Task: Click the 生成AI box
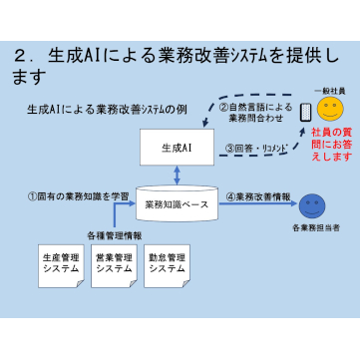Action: pyautogui.click(x=177, y=148)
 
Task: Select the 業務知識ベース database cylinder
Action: pyautogui.click(x=177, y=203)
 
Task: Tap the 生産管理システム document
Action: pyautogui.click(x=61, y=266)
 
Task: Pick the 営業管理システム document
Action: pyautogui.click(x=114, y=266)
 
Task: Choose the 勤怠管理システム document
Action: pyautogui.click(x=167, y=266)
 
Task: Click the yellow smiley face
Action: pyautogui.click(x=330, y=109)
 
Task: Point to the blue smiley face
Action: pyautogui.click(x=312, y=206)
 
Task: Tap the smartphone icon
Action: pyautogui.click(x=305, y=113)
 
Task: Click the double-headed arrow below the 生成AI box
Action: pyautogui.click(x=178, y=176)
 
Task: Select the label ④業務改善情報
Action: pyautogui.click(x=258, y=196)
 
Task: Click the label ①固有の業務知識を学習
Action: pyautogui.click(x=78, y=196)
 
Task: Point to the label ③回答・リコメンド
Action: pyautogui.click(x=256, y=149)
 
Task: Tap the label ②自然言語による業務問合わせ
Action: pyautogui.click(x=255, y=113)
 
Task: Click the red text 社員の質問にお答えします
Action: pyautogui.click(x=331, y=145)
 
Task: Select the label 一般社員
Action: pyautogui.click(x=329, y=91)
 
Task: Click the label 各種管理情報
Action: pyautogui.click(x=115, y=236)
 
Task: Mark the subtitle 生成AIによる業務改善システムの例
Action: pyautogui.click(x=108, y=110)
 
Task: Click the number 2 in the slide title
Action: pyautogui.click(x=20, y=56)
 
